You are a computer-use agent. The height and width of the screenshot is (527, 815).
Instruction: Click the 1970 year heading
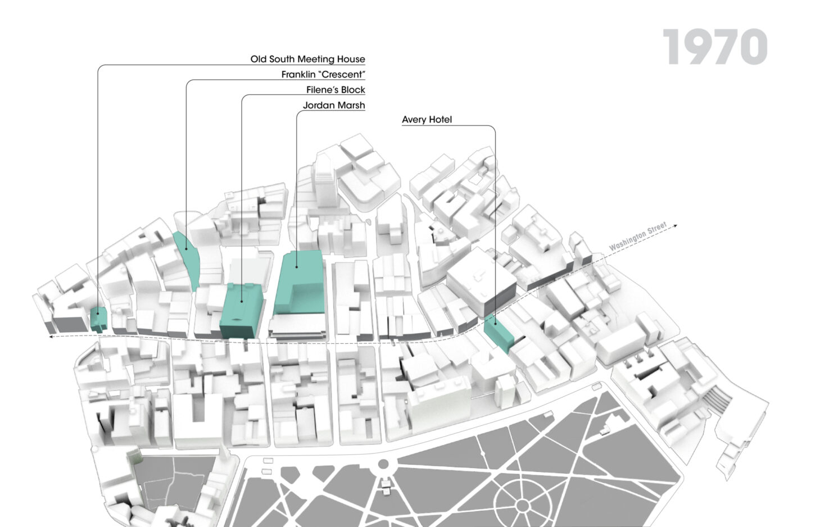714,47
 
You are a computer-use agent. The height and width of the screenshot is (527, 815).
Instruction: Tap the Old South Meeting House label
307,59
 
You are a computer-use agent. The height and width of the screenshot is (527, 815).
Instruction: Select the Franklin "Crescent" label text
323,74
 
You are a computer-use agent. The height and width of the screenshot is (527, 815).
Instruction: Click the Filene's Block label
336,90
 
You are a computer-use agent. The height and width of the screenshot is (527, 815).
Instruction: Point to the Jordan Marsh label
334,105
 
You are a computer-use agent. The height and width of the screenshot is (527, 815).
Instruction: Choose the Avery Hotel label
427,120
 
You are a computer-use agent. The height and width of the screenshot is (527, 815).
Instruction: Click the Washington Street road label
637,237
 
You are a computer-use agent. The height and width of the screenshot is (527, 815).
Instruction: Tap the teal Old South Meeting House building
98,319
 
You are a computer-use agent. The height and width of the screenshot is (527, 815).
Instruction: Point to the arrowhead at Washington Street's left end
51,337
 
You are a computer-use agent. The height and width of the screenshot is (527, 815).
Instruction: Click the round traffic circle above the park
383,465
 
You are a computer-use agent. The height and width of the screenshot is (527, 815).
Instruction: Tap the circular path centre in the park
522,506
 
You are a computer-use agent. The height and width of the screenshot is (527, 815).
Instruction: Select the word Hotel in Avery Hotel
440,120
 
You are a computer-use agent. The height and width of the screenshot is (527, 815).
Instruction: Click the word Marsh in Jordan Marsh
351,105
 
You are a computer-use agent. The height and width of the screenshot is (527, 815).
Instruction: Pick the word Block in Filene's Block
352,90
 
